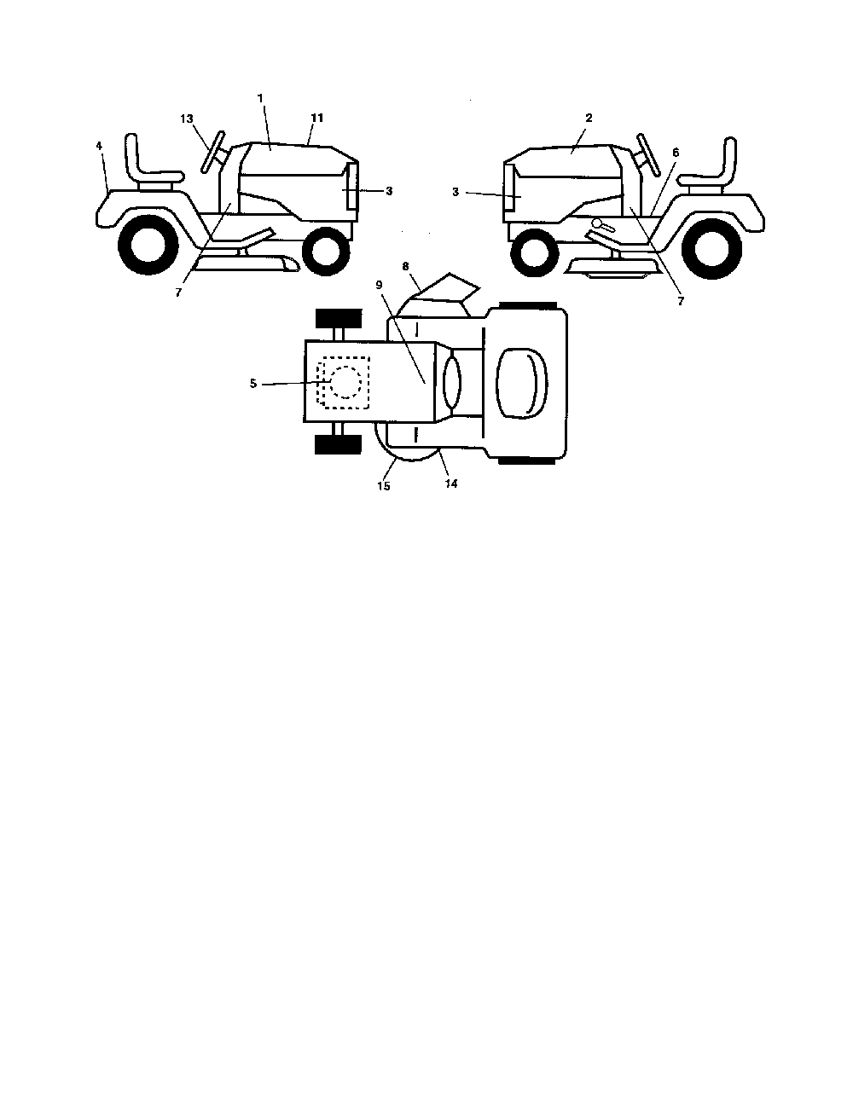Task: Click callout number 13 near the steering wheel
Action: [187, 119]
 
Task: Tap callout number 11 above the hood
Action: [317, 118]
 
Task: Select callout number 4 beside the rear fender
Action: [99, 146]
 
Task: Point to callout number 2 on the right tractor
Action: [589, 118]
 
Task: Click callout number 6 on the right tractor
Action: [676, 152]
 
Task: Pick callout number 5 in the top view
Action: [253, 384]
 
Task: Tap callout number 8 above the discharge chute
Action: [406, 266]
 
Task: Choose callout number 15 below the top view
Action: [384, 486]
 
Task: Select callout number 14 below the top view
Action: [451, 484]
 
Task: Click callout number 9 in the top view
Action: [380, 285]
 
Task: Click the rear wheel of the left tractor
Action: [148, 245]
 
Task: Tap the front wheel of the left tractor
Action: [326, 252]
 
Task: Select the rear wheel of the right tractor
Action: [711, 248]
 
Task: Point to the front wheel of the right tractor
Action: [534, 252]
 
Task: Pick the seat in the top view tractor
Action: [522, 384]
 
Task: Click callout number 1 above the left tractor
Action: [260, 98]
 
